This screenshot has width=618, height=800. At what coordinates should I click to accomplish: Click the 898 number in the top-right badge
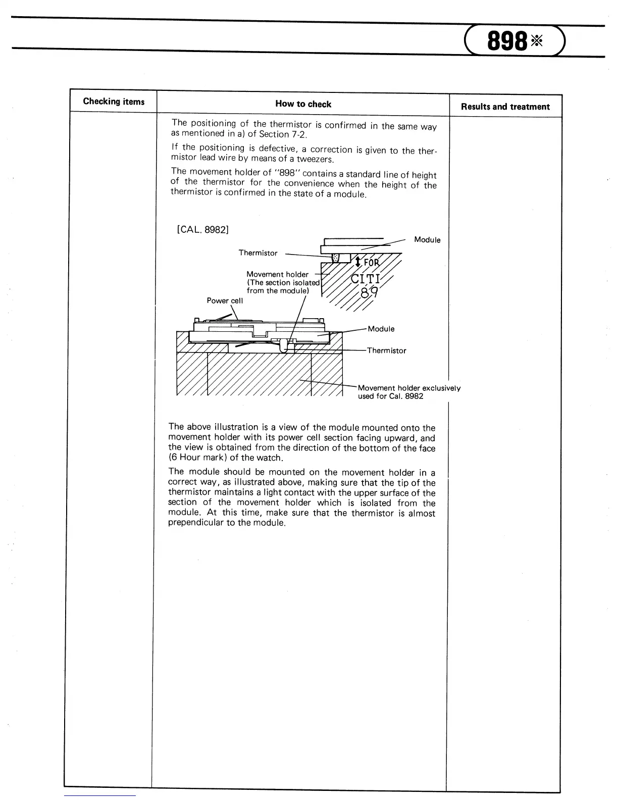pyautogui.click(x=507, y=41)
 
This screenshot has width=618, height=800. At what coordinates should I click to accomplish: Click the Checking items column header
pyautogui.click(x=114, y=102)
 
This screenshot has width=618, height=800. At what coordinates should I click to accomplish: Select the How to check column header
pyautogui.click(x=303, y=104)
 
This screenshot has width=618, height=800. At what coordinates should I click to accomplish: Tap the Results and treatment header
pyautogui.click(x=505, y=107)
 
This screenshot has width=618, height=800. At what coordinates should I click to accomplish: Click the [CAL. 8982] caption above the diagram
pyautogui.click(x=203, y=230)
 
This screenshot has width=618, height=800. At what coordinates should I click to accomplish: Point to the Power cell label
pyautogui.click(x=225, y=301)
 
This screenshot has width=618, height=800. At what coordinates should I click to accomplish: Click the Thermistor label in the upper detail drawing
pyautogui.click(x=258, y=253)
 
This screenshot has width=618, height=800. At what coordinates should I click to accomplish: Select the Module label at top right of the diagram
pyautogui.click(x=427, y=240)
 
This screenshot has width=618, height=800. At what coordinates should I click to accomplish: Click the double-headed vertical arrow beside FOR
pyautogui.click(x=357, y=262)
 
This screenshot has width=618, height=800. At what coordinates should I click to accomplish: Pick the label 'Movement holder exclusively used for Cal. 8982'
pyautogui.click(x=408, y=392)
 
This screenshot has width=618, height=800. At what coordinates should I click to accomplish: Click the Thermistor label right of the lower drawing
pyautogui.click(x=386, y=351)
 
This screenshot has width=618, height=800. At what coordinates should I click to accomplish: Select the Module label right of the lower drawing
pyautogui.click(x=381, y=329)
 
